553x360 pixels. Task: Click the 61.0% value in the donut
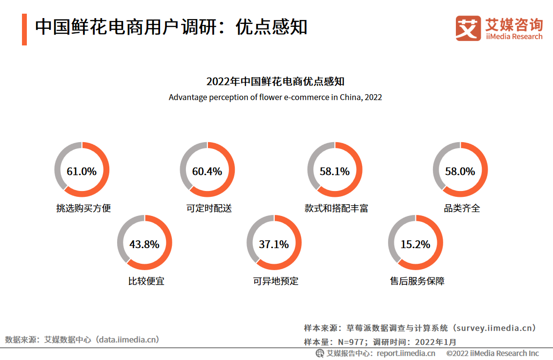coord(82,171)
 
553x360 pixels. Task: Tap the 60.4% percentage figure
coord(207,171)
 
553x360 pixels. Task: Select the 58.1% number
coord(334,171)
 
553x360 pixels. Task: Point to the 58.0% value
coord(460,171)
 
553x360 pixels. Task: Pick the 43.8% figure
coord(144,244)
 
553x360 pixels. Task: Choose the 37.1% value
coord(274,244)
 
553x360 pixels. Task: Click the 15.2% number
coord(415,244)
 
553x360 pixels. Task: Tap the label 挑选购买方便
coord(83,208)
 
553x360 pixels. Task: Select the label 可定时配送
coord(209,208)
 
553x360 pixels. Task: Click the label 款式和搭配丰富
coord(336,208)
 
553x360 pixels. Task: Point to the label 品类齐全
coord(462,208)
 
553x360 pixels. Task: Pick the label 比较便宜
coord(146,281)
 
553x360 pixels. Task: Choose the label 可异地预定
coord(276,281)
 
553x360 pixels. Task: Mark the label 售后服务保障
coord(417,281)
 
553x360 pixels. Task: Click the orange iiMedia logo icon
coord(468,28)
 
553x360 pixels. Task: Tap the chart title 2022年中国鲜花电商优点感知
coord(275,81)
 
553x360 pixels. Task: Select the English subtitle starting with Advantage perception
coord(275,97)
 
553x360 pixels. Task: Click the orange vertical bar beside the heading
coord(24,29)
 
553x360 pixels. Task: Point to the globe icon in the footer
coord(320,353)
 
